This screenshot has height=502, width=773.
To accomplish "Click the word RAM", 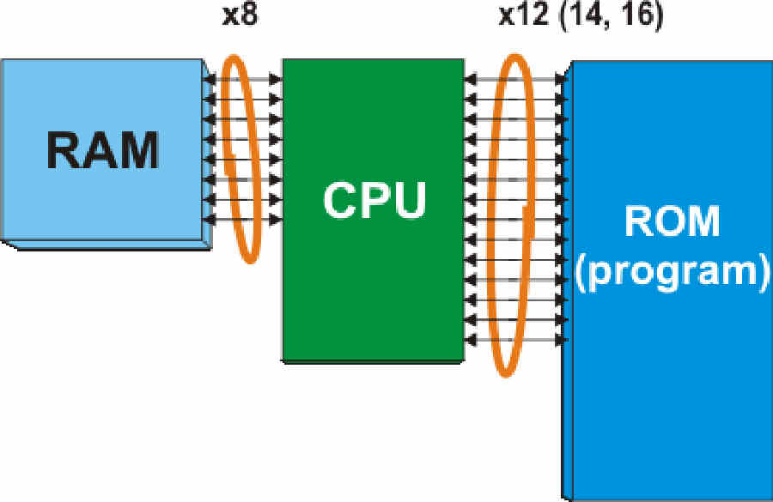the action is (x=102, y=150).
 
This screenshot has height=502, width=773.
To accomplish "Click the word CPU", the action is (x=374, y=200).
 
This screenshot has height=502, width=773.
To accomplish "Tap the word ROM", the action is (x=673, y=221).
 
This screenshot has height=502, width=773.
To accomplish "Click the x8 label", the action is (x=240, y=15).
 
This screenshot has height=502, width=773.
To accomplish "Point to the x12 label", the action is (x=524, y=15).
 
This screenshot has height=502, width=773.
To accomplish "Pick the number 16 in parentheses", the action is (x=636, y=15).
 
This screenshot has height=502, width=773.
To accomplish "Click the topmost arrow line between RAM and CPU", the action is (x=242, y=79).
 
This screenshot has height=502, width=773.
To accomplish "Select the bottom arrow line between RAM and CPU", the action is (x=242, y=220).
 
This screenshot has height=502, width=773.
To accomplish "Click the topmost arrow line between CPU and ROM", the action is (x=517, y=79).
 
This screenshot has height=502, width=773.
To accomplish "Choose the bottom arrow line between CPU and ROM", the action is (x=517, y=340).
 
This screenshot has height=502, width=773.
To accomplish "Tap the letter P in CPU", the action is (x=375, y=200).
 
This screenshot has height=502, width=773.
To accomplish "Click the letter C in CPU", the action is (x=340, y=200).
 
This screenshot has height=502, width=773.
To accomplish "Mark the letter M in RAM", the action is (x=139, y=150).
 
